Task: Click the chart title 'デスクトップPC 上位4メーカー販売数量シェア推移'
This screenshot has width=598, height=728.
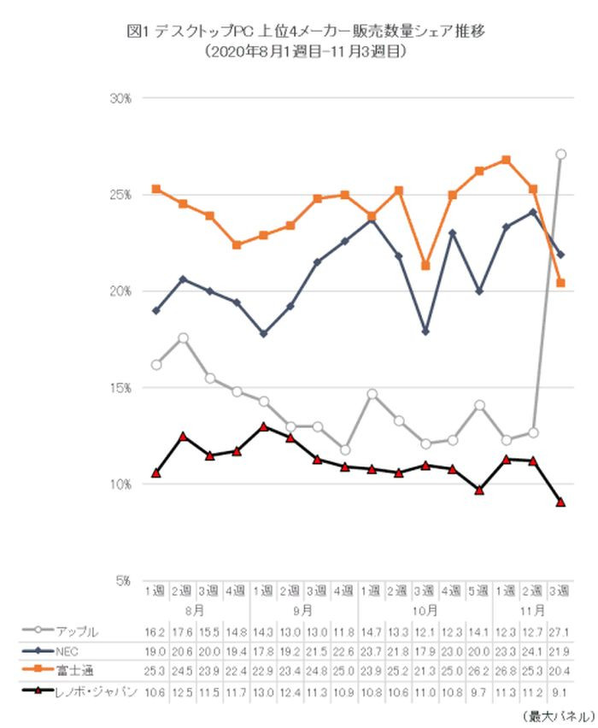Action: click(x=298, y=32)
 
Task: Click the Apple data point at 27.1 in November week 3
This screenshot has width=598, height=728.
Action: click(x=560, y=155)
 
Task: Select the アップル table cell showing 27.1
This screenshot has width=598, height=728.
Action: click(x=560, y=632)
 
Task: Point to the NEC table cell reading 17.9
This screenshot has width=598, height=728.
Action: click(x=425, y=651)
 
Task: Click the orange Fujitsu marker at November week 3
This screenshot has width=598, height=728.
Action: click(x=560, y=283)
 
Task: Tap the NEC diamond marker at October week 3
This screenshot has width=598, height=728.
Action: click(x=425, y=332)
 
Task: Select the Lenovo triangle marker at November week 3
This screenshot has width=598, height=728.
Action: click(x=560, y=502)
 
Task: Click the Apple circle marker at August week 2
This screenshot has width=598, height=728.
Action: click(x=182, y=338)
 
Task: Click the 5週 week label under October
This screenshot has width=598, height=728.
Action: click(x=479, y=592)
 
